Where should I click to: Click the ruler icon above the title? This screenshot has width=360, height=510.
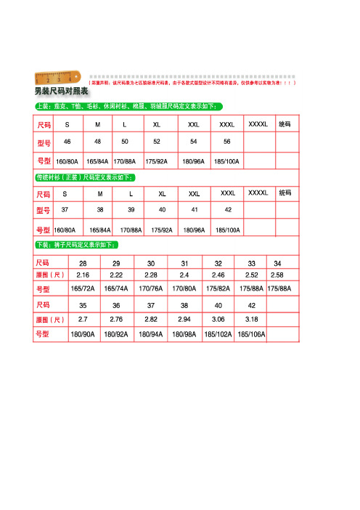[x=58, y=78]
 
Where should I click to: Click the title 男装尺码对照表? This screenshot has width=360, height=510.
[x=61, y=92]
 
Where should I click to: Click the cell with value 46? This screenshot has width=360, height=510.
[x=67, y=141]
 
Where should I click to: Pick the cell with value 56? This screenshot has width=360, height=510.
[x=227, y=141]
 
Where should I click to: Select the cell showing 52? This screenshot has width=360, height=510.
[x=157, y=141]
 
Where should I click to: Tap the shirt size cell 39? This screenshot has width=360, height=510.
[x=131, y=209]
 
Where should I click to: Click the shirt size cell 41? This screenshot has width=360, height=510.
[x=195, y=209]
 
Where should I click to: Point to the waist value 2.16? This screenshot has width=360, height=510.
[x=83, y=275]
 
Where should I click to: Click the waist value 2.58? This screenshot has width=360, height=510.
[x=277, y=275]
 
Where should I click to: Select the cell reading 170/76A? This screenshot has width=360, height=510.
[x=150, y=288]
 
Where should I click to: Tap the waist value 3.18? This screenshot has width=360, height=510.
[x=252, y=319]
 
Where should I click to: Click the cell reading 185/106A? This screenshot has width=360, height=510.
[x=252, y=335]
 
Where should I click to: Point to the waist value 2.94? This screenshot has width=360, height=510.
[x=184, y=319]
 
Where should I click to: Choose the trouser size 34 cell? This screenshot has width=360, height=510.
[x=277, y=263]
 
